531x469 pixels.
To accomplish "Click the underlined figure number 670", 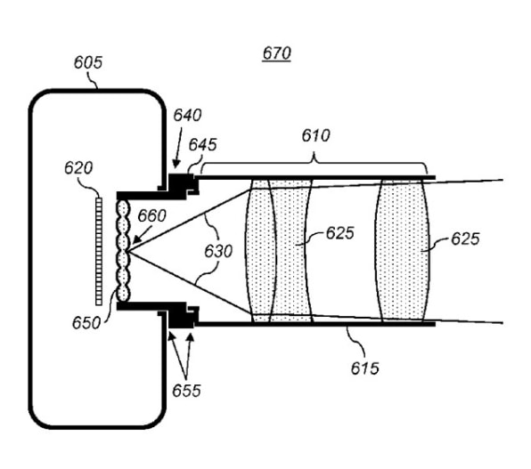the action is pyautogui.click(x=277, y=53).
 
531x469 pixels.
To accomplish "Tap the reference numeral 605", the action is pyautogui.click(x=88, y=62).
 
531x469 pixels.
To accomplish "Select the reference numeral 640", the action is pyautogui.click(x=187, y=115).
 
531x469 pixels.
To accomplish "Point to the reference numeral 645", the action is pyautogui.click(x=202, y=145).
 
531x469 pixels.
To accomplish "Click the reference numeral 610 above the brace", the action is pyautogui.click(x=315, y=135).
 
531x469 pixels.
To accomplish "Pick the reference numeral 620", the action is pyautogui.click(x=78, y=168).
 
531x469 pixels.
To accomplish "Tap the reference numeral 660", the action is pyautogui.click(x=152, y=215).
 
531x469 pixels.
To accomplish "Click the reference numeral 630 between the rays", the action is pyautogui.click(x=218, y=251).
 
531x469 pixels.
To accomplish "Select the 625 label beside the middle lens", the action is pyautogui.click(x=340, y=233).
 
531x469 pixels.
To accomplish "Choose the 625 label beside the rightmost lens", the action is pyautogui.click(x=465, y=239).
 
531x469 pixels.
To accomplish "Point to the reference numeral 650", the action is pyautogui.click(x=86, y=323).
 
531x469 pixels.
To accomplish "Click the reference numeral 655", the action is pyautogui.click(x=186, y=391).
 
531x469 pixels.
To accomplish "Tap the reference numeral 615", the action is pyautogui.click(x=364, y=368).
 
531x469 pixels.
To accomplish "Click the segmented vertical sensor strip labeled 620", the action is pyautogui.click(x=99, y=252).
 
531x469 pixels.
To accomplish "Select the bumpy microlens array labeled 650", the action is pyautogui.click(x=123, y=250).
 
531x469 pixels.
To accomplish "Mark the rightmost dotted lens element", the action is pyautogui.click(x=402, y=250).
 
